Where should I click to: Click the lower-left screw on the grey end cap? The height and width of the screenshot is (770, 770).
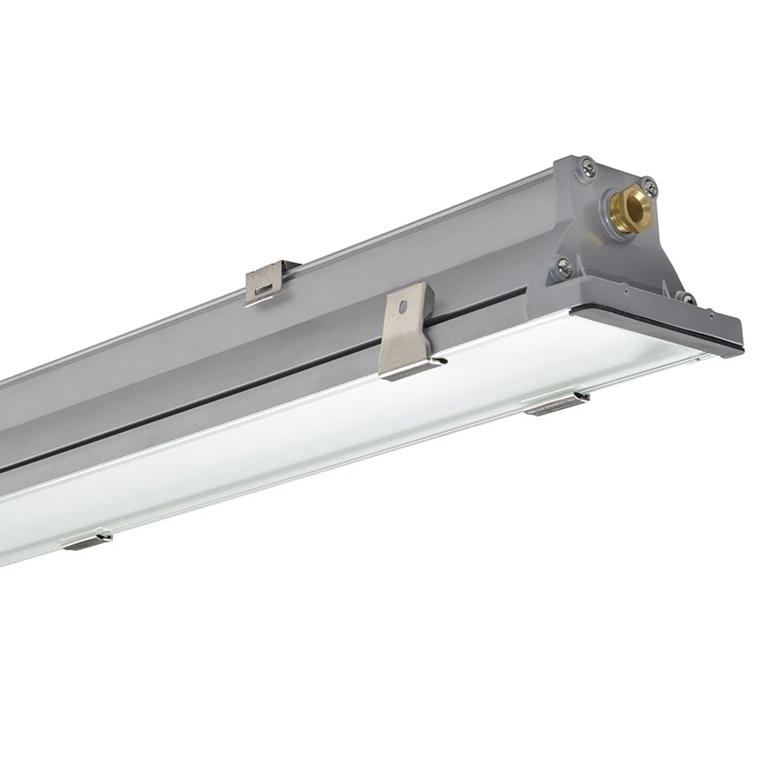click(x=564, y=268)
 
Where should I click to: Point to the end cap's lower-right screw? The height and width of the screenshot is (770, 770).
click(x=685, y=297)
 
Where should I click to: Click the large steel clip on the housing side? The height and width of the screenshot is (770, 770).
click(x=409, y=334)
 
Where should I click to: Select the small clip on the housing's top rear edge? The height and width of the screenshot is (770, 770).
click(x=269, y=281)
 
